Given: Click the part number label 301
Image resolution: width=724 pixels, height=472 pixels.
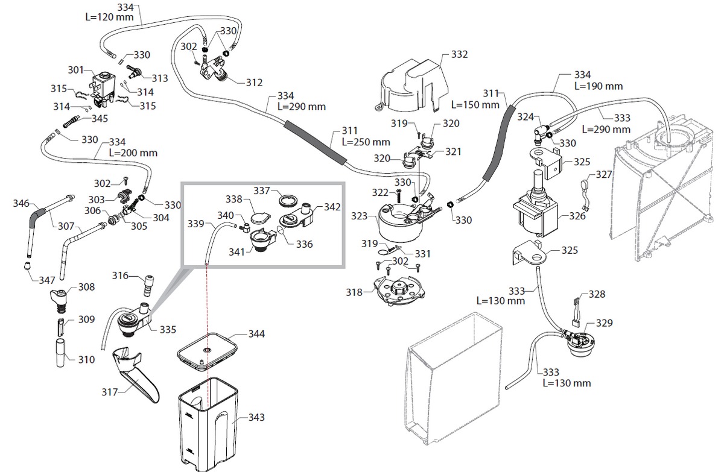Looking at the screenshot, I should [x=75, y=70].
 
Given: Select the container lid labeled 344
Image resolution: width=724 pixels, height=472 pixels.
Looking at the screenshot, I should [x=206, y=351].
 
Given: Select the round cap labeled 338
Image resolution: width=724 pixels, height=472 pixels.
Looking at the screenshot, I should [x=260, y=216].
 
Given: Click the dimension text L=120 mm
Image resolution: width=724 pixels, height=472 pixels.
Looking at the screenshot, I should [x=109, y=17].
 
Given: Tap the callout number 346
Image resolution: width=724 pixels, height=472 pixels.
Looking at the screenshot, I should [x=21, y=204].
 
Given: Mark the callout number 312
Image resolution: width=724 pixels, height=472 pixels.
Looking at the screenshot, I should [x=255, y=83].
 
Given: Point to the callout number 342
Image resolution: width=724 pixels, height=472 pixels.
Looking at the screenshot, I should [x=332, y=207].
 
